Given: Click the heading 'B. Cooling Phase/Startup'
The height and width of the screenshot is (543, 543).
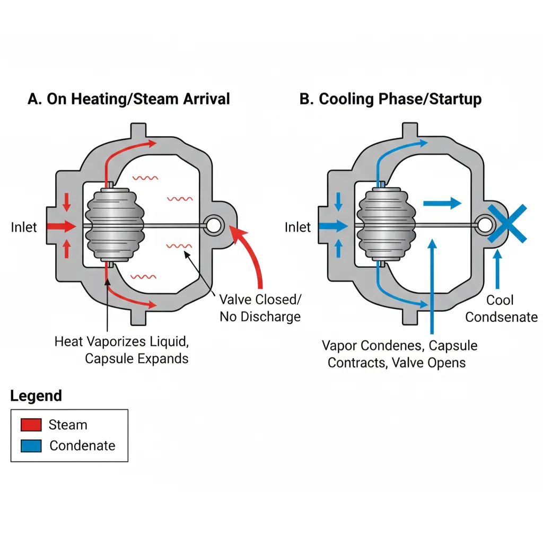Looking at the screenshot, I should [391, 99].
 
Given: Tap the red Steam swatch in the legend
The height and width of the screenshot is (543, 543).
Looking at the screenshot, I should [31, 425].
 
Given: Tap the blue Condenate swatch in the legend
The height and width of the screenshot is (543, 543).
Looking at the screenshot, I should [31, 445].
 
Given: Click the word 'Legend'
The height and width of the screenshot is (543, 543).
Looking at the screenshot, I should [36, 396].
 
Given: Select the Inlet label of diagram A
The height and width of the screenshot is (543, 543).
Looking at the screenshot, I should [24, 227].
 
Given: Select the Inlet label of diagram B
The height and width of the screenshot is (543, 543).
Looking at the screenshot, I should [297, 227].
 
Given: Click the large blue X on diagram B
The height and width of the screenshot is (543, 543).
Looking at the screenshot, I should [507, 224].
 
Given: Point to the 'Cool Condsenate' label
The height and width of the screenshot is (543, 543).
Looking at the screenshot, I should [501, 309].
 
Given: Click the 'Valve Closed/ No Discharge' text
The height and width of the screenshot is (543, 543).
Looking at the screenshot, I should [260, 308].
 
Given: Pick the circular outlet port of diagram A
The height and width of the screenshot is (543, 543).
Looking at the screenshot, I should [214, 225].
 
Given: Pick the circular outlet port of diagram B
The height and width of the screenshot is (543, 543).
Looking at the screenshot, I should [483, 225].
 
